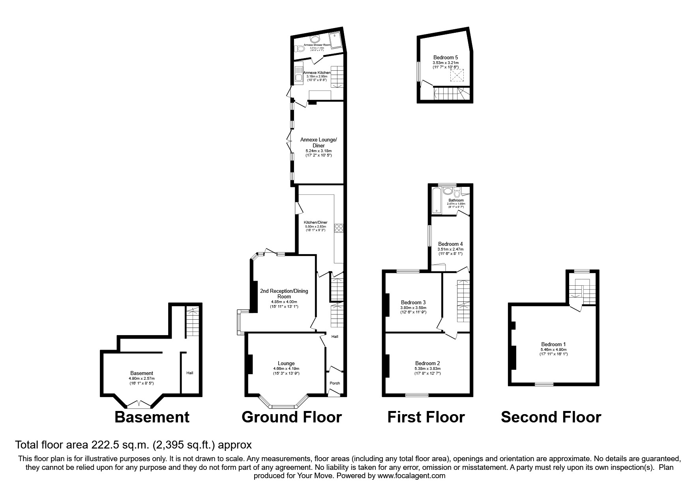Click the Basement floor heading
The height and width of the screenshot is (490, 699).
(152, 417)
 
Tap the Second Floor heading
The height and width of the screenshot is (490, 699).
(551, 417)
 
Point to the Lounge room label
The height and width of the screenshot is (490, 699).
(286, 364)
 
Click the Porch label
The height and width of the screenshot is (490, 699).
(335, 383)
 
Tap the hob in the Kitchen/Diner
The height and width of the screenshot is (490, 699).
(339, 228)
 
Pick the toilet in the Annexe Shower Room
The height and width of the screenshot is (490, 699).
(300, 49)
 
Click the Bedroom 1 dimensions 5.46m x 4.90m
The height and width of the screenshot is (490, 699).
(553, 349)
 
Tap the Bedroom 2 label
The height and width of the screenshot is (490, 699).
(427, 364)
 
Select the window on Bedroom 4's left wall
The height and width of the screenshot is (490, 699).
(430, 236)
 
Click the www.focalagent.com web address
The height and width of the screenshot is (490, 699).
(411, 476)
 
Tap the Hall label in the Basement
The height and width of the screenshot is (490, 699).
(190, 373)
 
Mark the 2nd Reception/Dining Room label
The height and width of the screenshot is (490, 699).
(284, 294)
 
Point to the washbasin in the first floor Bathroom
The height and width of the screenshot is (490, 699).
(448, 191)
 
